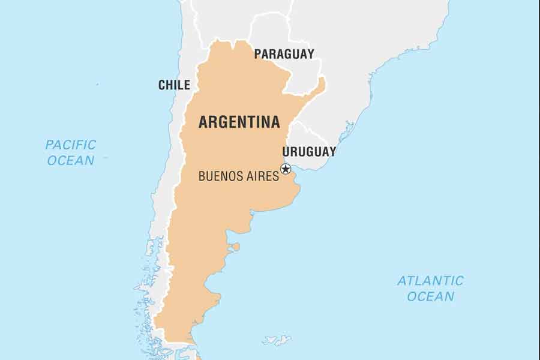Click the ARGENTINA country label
239,122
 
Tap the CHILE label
174,85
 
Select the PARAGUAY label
284,54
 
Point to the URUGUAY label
309,151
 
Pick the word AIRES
263,176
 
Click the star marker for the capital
286,169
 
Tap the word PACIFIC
71,145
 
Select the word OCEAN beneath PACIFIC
71,160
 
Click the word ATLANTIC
430,280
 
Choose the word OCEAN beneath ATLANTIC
430,296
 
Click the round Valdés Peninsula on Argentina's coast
236,247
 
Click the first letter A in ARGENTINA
203,122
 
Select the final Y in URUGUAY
332,151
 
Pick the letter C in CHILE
162,85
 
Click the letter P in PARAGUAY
258,54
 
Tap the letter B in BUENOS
202,176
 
